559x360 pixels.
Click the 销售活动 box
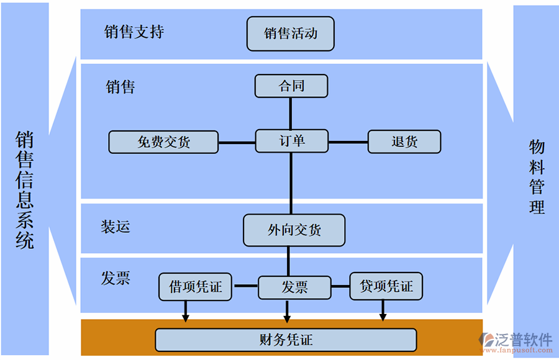tap(290, 34)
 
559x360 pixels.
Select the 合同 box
tap(291, 86)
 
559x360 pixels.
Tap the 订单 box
tap(291, 141)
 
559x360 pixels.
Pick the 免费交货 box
tap(163, 142)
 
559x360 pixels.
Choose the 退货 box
tap(404, 142)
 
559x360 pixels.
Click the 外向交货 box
tap(294, 230)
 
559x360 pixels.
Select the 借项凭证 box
tap(195, 286)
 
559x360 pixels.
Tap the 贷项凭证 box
tap(386, 286)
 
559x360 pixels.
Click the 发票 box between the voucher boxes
tap(294, 287)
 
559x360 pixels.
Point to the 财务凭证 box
tap(286, 340)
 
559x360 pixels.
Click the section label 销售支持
tap(134, 32)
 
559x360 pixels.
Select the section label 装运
tap(116, 227)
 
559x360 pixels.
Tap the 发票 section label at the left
tap(116, 278)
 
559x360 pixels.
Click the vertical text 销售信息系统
tap(25, 189)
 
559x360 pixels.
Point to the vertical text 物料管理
tap(537, 177)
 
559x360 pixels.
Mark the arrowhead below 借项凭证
tap(185, 318)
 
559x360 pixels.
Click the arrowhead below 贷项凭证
tap(383, 318)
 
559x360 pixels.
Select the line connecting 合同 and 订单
tap(291, 114)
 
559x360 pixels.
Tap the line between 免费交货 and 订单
tap(237, 143)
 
